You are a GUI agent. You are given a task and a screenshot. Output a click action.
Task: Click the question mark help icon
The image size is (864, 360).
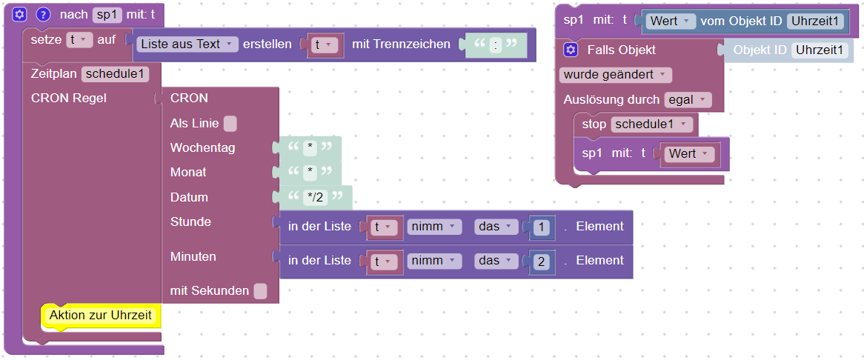tap(43, 14)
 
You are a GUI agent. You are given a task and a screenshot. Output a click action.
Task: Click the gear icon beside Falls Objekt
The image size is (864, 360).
tap(571, 50)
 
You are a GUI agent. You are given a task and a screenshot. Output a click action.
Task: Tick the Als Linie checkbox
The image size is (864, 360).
tap(230, 124)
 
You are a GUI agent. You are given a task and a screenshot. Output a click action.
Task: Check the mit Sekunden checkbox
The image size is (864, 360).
tap(260, 291)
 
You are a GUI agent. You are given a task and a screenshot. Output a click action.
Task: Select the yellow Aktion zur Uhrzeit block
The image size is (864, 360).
tap(101, 316)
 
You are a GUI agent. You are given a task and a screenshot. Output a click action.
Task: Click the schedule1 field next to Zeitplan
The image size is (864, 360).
tap(116, 74)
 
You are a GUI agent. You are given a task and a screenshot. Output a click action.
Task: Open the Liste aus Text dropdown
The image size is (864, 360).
tap(187, 44)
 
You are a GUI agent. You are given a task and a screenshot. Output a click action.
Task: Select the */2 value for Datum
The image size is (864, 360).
tap(314, 198)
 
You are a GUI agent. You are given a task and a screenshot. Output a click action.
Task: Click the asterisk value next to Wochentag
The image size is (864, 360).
tap(310, 148)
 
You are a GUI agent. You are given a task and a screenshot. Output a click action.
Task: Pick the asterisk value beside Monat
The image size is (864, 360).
tap(310, 173)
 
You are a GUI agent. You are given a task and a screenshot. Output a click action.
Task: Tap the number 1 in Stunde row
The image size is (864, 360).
tap(542, 227)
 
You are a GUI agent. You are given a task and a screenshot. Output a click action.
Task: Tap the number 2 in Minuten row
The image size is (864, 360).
tap(542, 261)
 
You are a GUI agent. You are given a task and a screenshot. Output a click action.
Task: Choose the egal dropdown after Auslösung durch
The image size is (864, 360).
tap(688, 100)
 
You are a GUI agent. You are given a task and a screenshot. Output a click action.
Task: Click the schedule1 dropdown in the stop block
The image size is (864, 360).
tap(653, 124)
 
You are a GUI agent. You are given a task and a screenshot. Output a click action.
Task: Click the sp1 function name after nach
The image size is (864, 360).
tap(106, 14)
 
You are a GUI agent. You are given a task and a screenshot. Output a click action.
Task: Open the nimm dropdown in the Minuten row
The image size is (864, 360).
tap(434, 261)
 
